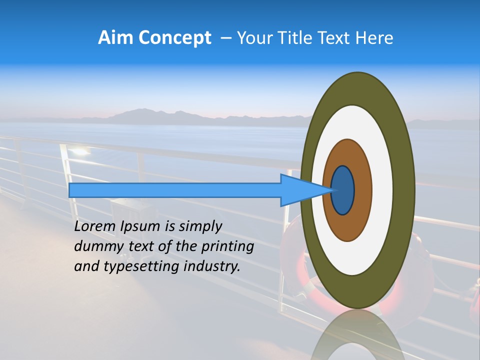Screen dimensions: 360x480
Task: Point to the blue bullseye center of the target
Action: (343, 190)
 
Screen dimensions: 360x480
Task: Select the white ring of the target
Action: (382, 190)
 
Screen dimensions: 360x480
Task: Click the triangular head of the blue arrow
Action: (300, 190)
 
